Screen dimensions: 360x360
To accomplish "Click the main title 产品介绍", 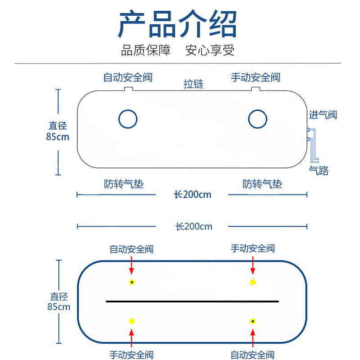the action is (177, 24).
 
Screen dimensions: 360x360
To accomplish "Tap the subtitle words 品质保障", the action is (146, 50).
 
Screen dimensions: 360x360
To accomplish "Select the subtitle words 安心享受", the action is (210, 50).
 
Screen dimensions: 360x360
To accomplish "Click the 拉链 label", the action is (193, 84).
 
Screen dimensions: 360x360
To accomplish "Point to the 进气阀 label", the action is (323, 115).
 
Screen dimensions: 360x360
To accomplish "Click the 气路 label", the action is (319, 171).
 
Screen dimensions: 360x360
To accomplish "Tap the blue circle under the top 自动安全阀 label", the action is (128, 119).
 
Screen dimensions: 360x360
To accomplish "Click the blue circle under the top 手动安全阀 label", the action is (257, 119).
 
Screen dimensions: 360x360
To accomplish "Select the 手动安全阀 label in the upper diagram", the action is (255, 77).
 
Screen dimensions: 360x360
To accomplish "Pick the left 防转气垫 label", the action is (124, 184).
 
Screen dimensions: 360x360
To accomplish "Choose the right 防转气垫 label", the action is (262, 184).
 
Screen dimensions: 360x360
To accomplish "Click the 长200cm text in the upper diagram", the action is (193, 195).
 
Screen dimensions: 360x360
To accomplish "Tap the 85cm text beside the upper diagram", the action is (58, 137).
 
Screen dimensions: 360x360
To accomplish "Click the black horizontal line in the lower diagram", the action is (193, 301).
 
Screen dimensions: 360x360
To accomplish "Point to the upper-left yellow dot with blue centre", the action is (132, 282).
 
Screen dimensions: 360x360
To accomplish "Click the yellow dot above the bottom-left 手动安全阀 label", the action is (132, 321).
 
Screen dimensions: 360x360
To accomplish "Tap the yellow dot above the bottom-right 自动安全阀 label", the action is (253, 321).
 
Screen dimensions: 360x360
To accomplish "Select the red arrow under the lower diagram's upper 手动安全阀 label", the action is (253, 265).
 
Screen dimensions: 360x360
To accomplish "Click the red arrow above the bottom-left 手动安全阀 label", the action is (131, 338).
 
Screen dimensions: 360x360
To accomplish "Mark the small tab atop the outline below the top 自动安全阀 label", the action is (129, 89).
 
